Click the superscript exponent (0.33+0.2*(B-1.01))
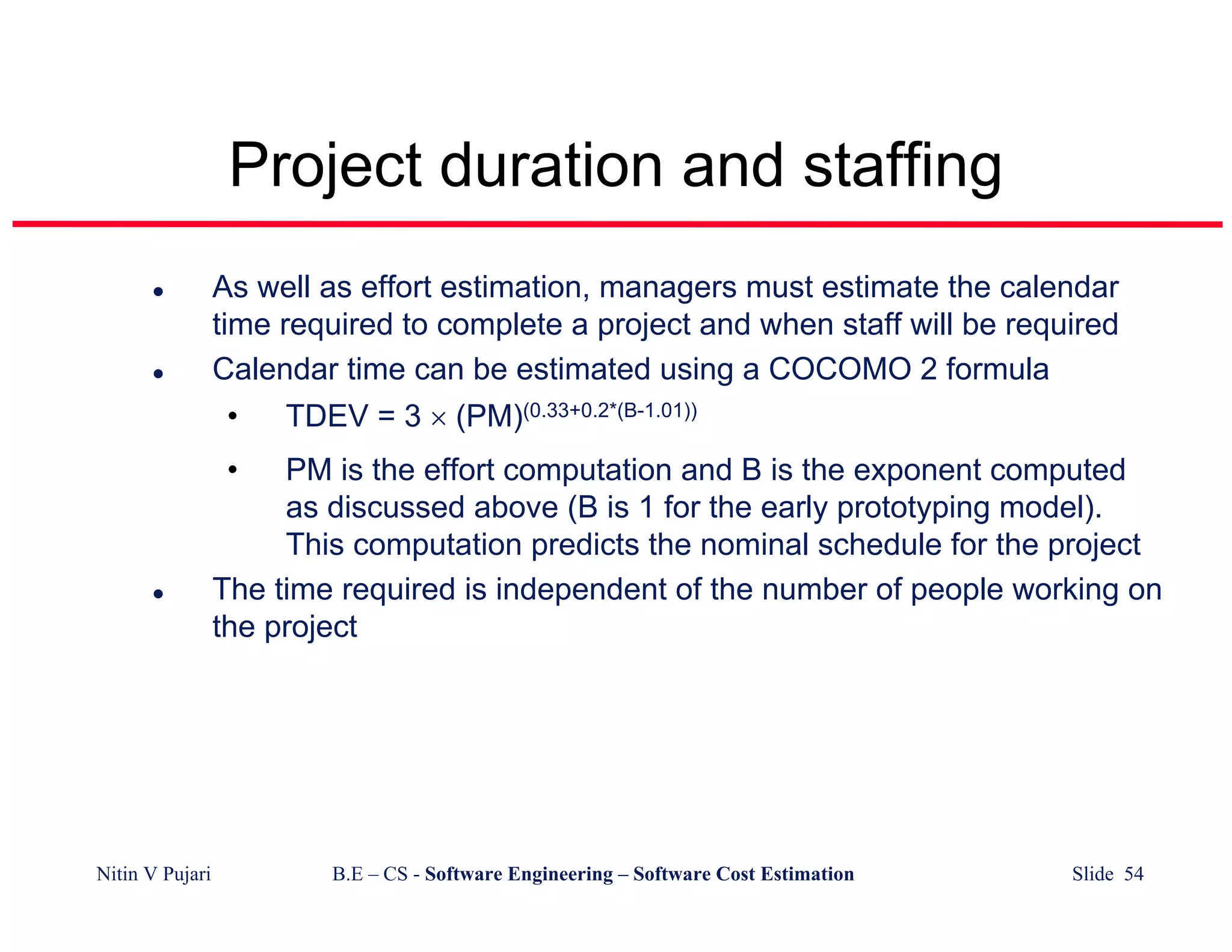[610, 411]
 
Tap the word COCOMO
[840, 369]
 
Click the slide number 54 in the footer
[1134, 874]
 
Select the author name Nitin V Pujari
[153, 874]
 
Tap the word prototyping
[913, 507]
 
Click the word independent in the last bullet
[581, 589]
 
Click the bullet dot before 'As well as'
[158, 292]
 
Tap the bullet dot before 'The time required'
[158, 595]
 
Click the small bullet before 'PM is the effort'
[232, 470]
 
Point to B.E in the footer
[347, 874]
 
